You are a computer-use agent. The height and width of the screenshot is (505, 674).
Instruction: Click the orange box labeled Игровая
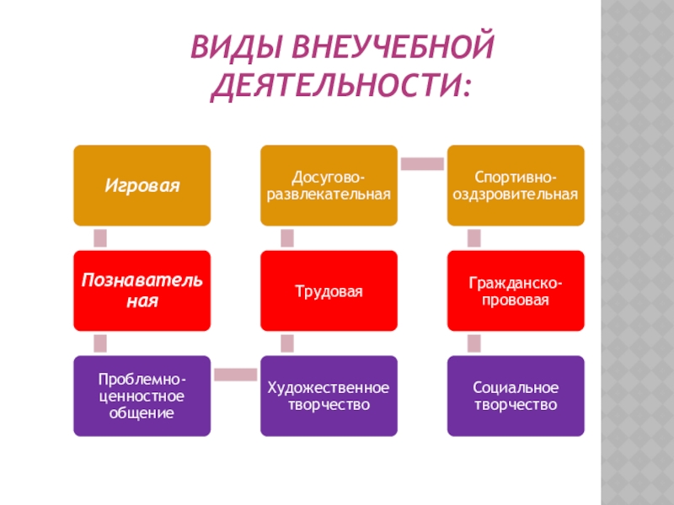coord(142,185)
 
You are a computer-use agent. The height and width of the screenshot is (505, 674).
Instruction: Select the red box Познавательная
coord(142,290)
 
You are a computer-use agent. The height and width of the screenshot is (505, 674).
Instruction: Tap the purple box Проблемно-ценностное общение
coord(142,396)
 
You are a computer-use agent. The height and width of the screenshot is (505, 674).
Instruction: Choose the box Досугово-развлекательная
coord(329,185)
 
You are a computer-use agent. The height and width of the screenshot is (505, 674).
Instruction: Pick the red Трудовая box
coord(329,290)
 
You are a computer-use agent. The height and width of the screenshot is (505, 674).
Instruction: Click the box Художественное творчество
coord(329,396)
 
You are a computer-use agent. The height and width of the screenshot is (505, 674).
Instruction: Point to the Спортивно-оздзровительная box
coord(515,185)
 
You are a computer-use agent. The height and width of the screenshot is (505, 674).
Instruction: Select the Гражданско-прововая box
coord(515,290)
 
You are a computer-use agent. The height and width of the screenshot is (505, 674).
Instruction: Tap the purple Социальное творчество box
coord(515,396)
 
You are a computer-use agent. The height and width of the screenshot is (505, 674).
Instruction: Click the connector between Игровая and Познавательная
coord(100,238)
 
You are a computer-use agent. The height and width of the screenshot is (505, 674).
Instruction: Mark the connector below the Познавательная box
coord(100,343)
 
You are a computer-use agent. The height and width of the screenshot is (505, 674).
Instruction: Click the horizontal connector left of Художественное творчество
coord(235,375)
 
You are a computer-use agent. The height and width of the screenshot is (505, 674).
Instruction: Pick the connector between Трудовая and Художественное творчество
coord(287,343)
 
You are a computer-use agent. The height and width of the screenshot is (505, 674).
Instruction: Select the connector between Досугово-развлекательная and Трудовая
coord(287,238)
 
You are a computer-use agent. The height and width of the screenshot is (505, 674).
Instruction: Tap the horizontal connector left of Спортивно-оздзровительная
coord(421,164)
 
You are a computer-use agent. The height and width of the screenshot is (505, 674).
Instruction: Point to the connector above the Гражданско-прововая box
coord(473,238)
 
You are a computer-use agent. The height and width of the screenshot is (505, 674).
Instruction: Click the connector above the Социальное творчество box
coord(473,343)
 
